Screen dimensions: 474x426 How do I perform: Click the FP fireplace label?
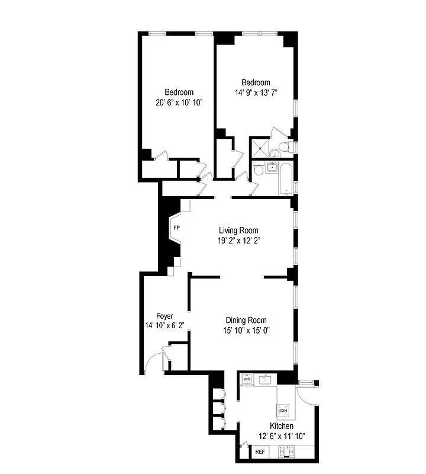[176, 228]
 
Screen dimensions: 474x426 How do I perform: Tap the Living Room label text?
[238, 230]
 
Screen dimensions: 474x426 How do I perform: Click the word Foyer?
[164, 316]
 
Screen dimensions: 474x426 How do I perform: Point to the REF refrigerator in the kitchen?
[260, 452]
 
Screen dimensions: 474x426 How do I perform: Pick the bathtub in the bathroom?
[287, 179]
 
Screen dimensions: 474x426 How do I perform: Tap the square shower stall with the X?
[259, 148]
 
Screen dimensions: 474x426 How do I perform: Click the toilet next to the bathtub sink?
[259, 171]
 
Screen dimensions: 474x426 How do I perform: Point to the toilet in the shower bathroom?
[285, 147]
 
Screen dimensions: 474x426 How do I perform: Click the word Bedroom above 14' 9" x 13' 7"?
[256, 82]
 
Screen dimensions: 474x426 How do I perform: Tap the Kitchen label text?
[282, 427]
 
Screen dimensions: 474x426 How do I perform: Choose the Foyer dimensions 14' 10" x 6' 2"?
[165, 325]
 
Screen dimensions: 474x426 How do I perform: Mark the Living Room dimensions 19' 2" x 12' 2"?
[238, 241]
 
